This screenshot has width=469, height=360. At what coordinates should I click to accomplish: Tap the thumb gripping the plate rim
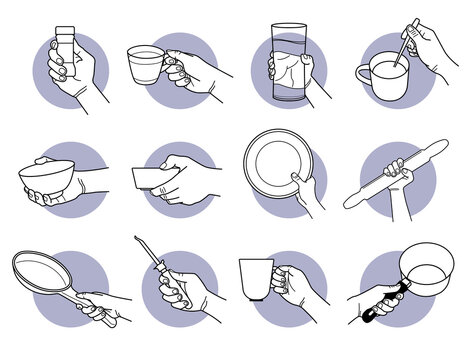coord(296,179)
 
